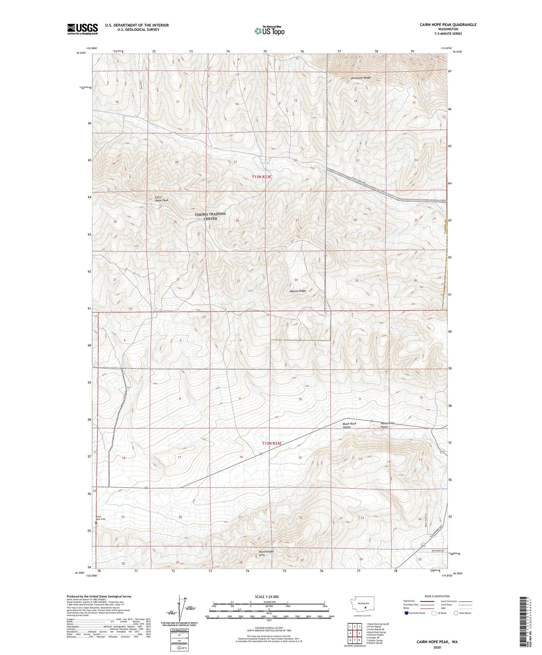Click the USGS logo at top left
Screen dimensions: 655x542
click(82, 29)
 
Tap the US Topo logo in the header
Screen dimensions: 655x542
click(269, 31)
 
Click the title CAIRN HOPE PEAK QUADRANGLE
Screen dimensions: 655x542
click(443, 25)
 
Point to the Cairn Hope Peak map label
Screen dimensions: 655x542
click(162, 199)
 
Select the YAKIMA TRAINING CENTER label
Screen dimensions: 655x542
click(210, 216)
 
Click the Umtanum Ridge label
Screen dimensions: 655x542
click(361, 78)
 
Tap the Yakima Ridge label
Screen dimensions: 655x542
click(297, 291)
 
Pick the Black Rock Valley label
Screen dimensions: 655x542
click(349, 425)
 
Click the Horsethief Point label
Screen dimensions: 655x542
click(388, 425)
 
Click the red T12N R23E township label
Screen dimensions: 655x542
click(271, 443)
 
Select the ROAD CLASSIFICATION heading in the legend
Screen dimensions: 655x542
click(437, 596)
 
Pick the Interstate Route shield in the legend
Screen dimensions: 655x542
click(406, 613)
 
